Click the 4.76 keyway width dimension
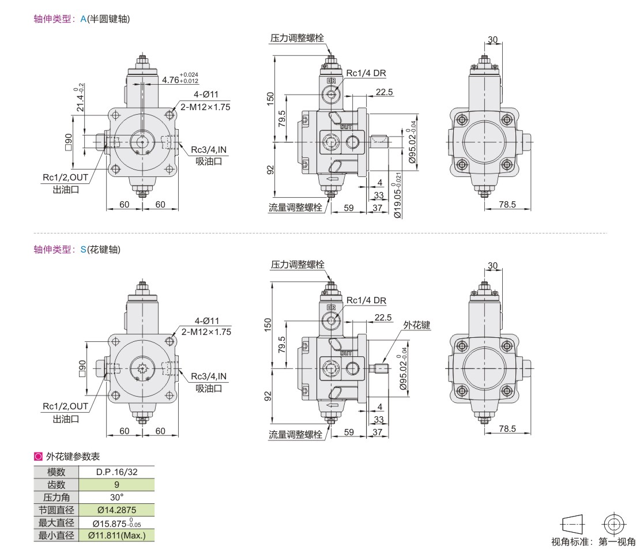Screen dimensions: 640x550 180,78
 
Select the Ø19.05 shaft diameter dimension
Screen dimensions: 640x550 398,195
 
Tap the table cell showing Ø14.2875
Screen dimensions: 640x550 116,510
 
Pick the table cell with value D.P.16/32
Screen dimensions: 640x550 116,472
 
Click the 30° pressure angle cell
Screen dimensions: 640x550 116,497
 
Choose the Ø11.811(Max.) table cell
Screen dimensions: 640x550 116,536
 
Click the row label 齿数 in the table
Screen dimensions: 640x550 57,485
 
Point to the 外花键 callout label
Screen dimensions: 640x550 417,325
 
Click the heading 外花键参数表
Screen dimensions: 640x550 73,456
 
